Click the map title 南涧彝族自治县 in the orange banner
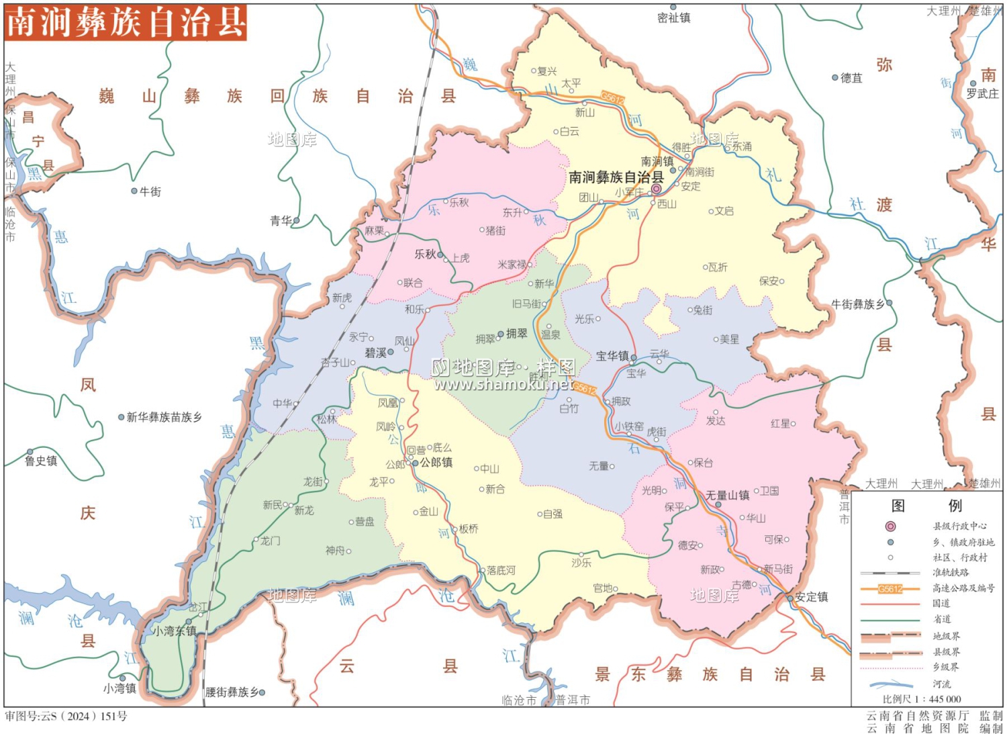tap(126, 22)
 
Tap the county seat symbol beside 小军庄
tap(656, 190)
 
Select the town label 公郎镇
tap(436, 463)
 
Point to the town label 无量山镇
tap(727, 496)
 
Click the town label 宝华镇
tap(612, 356)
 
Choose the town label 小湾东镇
tap(174, 631)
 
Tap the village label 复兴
tap(547, 71)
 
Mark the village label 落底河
tap(501, 570)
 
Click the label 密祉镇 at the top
tap(673, 18)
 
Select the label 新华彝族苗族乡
tap(164, 417)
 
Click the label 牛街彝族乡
tap(858, 304)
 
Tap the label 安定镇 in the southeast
tap(811, 596)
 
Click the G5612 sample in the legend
tap(890, 589)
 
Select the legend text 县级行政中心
tap(959, 526)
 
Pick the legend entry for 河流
tap(941, 684)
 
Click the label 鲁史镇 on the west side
tap(41, 461)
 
